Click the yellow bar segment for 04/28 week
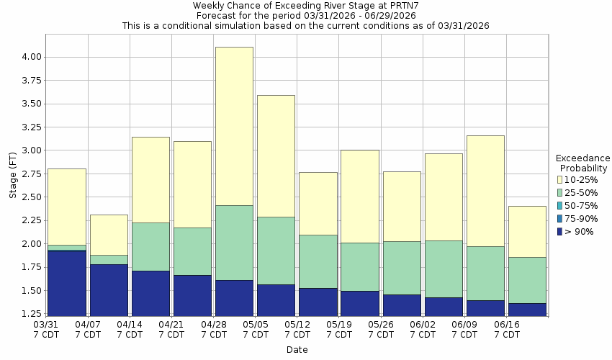pyautogui.click(x=234, y=126)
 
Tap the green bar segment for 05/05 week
pyautogui.click(x=276, y=251)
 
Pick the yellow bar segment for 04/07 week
pyautogui.click(x=109, y=235)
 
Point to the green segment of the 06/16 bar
pyautogui.click(x=526, y=280)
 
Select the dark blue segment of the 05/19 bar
pyautogui.click(x=359, y=303)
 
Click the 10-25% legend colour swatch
pyautogui.click(x=559, y=179)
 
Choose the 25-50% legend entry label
pyautogui.click(x=582, y=192)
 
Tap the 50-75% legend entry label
pyautogui.click(x=582, y=205)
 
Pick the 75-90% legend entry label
pyautogui.click(x=582, y=218)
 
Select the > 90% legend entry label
pyautogui.click(x=580, y=231)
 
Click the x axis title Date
pyautogui.click(x=297, y=350)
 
